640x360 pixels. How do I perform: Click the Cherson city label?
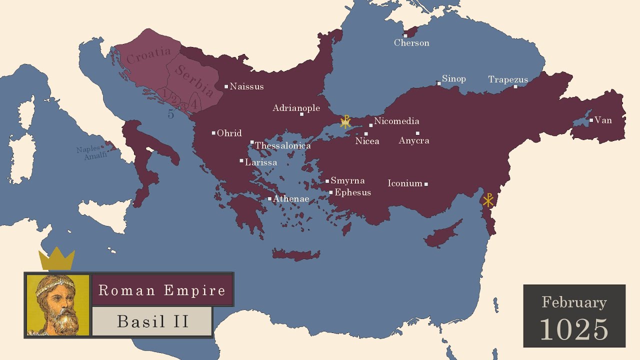point(411,43)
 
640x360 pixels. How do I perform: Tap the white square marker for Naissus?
point(226,86)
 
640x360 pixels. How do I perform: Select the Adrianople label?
point(296,108)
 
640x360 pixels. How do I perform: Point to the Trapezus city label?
point(508,79)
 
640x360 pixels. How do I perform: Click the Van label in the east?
point(603,120)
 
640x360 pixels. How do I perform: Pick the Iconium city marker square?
point(426,184)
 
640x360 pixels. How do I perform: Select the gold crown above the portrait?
point(56,258)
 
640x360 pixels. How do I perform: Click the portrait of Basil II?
point(57,304)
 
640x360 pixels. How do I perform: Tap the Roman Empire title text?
point(162,290)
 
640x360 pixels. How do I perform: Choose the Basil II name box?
point(152,321)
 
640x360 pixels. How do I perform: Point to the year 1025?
point(574,328)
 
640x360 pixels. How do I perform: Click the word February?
point(574,302)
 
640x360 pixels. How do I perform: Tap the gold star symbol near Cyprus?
point(488,200)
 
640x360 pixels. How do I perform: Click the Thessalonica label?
point(283,145)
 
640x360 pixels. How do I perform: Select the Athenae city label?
point(291,199)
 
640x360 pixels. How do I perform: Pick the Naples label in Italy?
point(88,149)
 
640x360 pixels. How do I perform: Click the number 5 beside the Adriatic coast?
point(171,114)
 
